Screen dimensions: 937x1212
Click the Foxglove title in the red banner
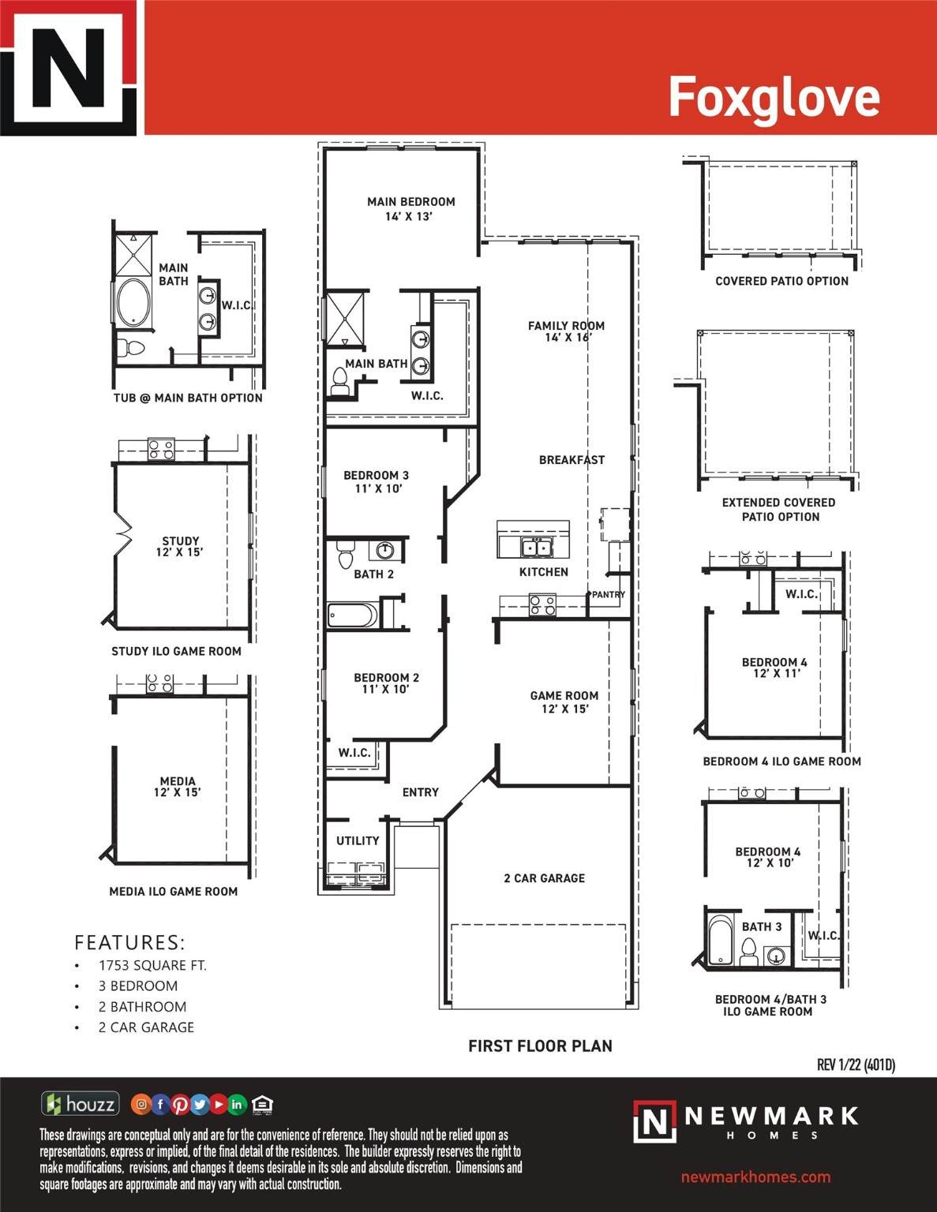[774, 98]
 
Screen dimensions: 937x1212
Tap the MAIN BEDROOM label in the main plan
[411, 202]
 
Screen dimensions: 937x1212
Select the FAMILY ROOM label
[566, 326]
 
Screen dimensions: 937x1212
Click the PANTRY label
[609, 595]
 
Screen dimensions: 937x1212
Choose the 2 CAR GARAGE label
[545, 878]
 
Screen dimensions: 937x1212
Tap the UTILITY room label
[358, 840]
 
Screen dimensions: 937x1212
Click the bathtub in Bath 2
[352, 615]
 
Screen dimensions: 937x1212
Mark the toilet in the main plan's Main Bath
[339, 381]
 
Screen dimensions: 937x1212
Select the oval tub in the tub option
[133, 301]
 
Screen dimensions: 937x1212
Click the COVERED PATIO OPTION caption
[782, 281]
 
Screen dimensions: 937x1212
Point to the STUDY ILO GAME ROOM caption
[176, 651]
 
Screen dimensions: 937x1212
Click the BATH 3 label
[761, 926]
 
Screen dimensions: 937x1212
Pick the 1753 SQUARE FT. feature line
[152, 966]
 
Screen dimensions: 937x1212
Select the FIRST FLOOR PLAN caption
[540, 1046]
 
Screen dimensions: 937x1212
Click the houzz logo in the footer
[81, 1103]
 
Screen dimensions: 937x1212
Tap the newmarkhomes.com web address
[755, 1177]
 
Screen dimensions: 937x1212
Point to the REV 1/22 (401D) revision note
[856, 1064]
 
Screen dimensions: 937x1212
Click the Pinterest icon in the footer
[180, 1105]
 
